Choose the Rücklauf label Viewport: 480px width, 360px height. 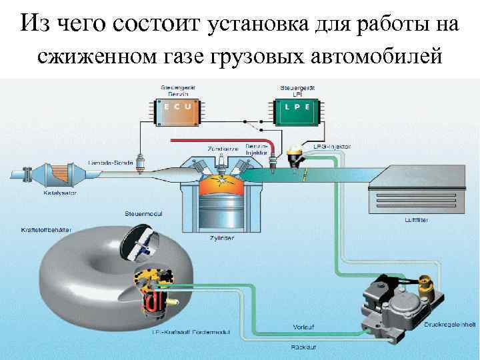(303, 347)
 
